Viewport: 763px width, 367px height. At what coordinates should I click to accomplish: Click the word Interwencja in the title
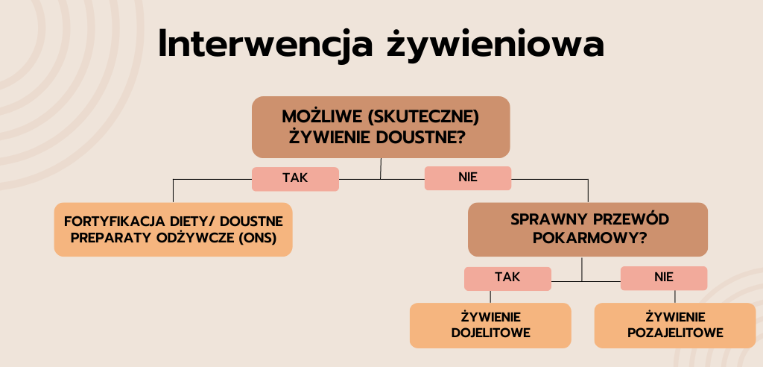point(266,45)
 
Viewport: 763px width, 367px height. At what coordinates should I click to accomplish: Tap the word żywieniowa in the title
point(496,45)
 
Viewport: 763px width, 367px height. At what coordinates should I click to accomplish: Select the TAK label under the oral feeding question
point(295,178)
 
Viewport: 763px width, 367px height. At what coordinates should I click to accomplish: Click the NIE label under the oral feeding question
point(468,178)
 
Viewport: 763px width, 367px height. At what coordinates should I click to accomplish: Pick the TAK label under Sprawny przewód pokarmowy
point(507,277)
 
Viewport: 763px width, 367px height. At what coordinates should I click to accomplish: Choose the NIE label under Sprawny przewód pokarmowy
point(664,277)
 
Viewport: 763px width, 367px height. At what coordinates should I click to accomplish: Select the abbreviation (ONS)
point(258,239)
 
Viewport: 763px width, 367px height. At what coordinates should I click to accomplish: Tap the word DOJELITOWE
point(490,333)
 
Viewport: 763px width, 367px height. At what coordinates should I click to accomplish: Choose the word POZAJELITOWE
point(675,333)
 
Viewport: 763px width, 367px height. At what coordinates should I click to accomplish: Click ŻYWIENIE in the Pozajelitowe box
point(675,317)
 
